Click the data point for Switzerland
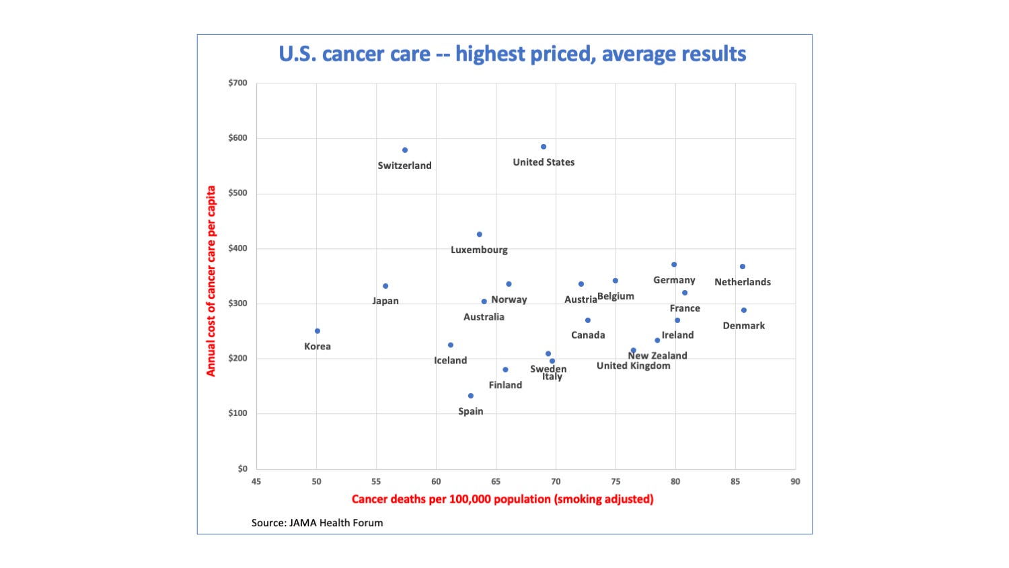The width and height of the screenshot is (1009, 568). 405,150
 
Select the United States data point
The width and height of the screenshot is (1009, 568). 544,147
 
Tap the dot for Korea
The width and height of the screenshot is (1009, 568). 317,331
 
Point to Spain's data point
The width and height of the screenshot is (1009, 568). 471,396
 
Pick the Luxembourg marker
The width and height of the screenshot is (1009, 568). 480,234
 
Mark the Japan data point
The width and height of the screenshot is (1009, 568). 385,286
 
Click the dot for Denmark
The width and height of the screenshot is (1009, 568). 744,310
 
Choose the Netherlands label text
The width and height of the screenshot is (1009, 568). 743,282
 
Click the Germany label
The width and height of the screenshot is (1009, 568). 674,280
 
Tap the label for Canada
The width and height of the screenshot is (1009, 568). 588,335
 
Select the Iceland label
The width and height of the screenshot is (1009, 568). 450,361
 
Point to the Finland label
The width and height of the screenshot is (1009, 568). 505,385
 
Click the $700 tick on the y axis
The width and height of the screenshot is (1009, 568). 237,83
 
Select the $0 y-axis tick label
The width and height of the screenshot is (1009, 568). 242,468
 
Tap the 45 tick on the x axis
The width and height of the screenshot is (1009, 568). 256,481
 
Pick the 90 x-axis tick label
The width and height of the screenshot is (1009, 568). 795,481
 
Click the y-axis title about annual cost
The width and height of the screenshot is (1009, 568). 211,281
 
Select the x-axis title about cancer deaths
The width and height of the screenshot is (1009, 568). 502,499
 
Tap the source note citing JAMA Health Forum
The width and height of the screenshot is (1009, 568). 317,523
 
